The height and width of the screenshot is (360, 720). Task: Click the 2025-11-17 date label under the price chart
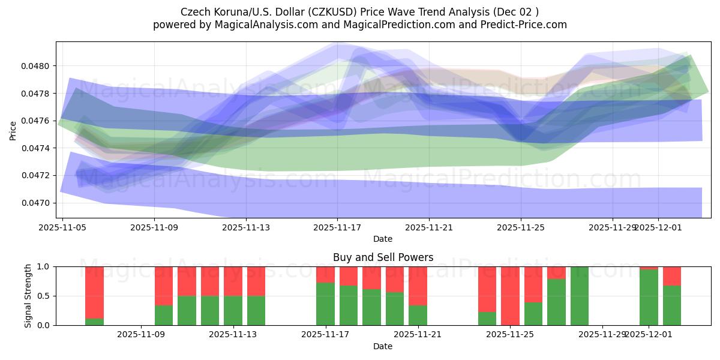tap(337, 227)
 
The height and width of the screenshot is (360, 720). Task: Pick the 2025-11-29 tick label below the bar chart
tap(602, 335)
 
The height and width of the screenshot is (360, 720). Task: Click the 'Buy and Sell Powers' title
tap(383, 257)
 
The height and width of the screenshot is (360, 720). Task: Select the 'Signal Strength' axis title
tap(28, 295)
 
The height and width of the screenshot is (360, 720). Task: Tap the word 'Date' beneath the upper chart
tap(383, 239)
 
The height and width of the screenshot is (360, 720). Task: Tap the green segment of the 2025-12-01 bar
tap(649, 298)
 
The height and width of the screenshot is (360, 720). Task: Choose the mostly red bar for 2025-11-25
tap(510, 294)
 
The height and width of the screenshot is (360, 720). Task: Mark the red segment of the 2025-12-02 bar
tap(672, 275)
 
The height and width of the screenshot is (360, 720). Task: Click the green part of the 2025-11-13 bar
tap(233, 310)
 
